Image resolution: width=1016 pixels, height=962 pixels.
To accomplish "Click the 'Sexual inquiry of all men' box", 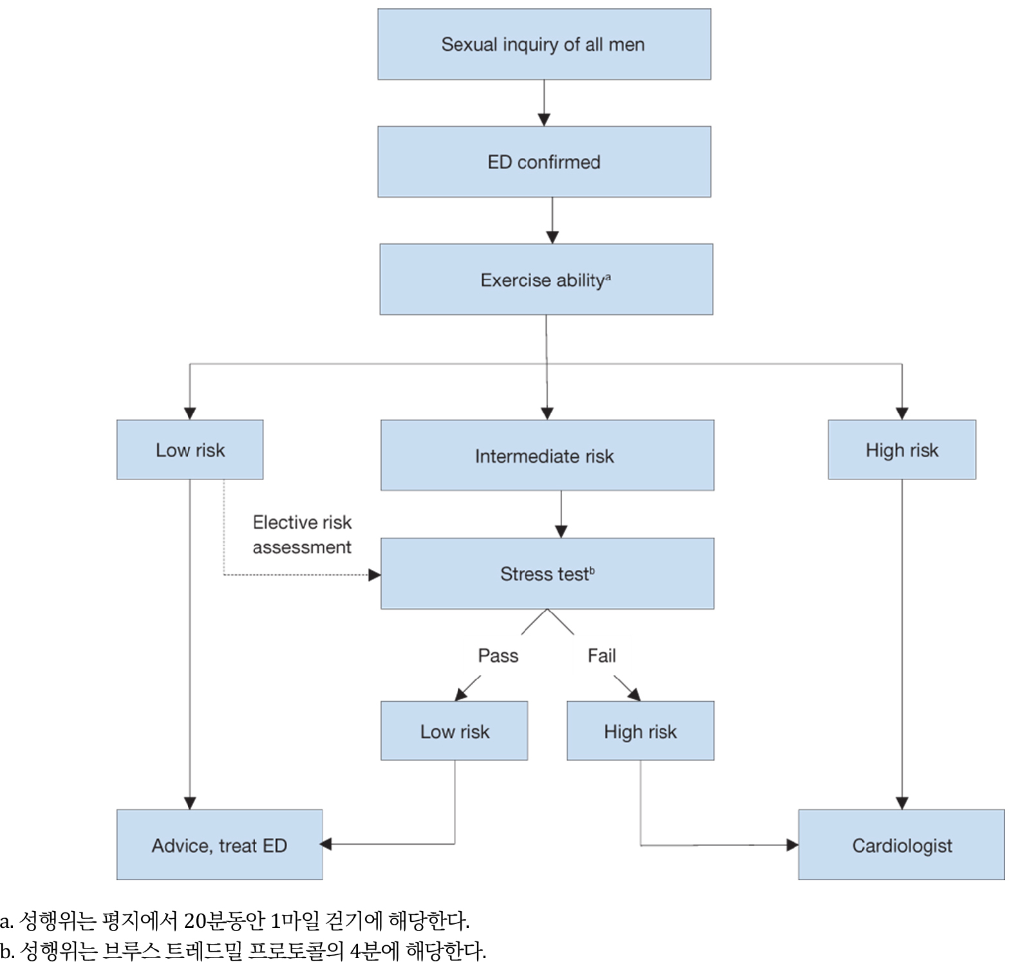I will (544, 44).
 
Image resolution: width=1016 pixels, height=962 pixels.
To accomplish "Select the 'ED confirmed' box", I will (544, 162).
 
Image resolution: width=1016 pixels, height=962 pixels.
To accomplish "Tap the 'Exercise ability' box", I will (546, 279).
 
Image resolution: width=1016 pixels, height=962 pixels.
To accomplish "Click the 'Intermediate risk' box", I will (547, 455).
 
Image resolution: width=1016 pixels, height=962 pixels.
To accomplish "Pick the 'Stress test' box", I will (547, 574).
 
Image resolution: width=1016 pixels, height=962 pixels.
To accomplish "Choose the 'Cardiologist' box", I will (901, 845).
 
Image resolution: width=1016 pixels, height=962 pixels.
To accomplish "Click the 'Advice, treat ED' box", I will (219, 845).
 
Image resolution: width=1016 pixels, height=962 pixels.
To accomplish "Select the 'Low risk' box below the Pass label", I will (454, 731).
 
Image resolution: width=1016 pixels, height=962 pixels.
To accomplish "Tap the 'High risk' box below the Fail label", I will (640, 731).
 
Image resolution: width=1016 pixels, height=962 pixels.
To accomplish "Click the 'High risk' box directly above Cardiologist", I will (901, 449).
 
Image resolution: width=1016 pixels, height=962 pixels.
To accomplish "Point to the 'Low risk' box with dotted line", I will (190, 449).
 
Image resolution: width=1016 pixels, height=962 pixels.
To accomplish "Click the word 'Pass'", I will (498, 655).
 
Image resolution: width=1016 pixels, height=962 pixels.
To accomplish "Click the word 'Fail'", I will (601, 655).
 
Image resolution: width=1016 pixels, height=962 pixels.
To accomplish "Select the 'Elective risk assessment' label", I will (302, 534).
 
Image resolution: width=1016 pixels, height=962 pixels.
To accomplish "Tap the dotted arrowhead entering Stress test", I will (375, 575).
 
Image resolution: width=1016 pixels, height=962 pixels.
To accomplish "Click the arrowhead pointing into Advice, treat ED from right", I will (326, 844).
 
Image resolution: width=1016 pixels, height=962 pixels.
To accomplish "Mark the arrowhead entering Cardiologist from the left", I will (793, 845).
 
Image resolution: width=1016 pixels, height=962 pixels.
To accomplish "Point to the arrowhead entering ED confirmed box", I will (544, 120).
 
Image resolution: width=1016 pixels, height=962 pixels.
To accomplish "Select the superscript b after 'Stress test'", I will (592, 569).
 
